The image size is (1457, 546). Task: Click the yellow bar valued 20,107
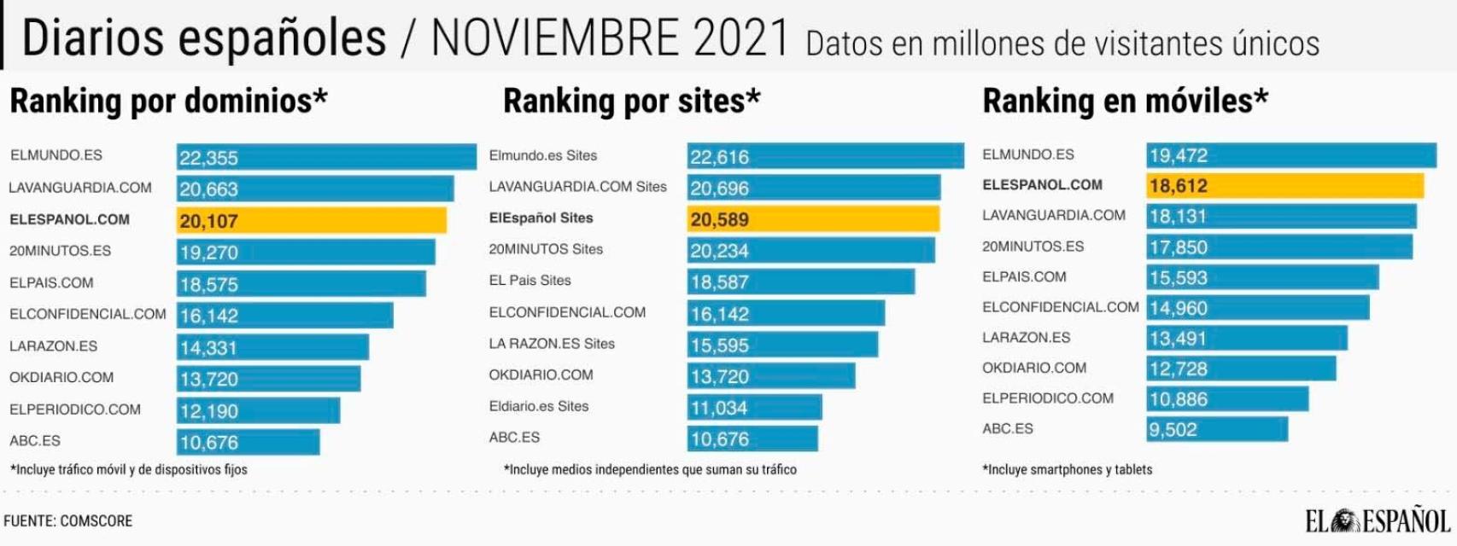tap(312, 221)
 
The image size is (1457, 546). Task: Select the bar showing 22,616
tap(825, 156)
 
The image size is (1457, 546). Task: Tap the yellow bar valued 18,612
tap(1284, 185)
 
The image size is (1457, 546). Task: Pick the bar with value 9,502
tap(1216, 429)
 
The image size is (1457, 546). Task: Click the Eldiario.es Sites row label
tap(538, 406)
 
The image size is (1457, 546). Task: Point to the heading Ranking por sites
tap(631, 102)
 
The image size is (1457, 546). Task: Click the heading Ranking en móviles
tap(1125, 102)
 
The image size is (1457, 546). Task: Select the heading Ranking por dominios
tap(168, 102)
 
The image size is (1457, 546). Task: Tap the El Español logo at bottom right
tap(1378, 520)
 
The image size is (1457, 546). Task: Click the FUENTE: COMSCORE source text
tap(68, 520)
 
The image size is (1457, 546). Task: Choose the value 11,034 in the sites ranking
tap(719, 408)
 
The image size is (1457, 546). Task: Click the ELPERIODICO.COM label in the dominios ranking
tap(75, 409)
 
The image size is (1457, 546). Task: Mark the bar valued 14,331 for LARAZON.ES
tap(272, 347)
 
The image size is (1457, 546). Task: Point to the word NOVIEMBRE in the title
tap(555, 38)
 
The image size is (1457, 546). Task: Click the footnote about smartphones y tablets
tap(1067, 469)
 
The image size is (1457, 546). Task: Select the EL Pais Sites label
tap(530, 281)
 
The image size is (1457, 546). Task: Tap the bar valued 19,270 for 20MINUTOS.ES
tap(306, 253)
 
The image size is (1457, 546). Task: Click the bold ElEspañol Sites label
tap(541, 218)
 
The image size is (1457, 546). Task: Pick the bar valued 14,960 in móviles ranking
tap(1257, 308)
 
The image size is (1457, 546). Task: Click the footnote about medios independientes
tap(650, 469)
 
